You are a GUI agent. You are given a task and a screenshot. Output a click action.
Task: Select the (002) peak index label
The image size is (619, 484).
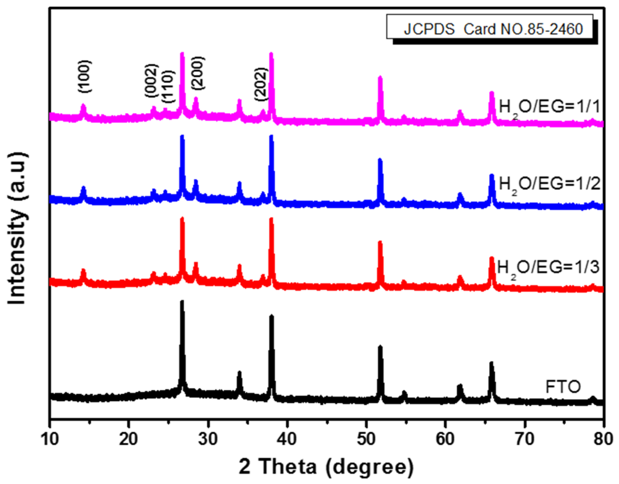tap(151, 80)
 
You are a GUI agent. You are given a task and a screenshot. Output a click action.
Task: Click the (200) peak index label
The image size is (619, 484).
tap(197, 73)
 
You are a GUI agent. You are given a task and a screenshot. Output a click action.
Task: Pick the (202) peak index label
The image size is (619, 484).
tap(261, 84)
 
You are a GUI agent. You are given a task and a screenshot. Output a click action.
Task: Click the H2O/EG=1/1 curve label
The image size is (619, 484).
tap(549, 107)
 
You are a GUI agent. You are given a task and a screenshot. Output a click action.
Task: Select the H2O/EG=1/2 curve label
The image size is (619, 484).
tap(549, 184)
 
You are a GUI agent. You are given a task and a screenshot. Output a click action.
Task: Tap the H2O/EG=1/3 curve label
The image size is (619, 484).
tap(548, 267)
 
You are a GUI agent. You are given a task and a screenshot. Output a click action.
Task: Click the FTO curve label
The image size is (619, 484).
tap(563, 387)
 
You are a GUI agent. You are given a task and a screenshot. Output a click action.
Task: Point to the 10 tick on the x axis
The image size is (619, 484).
tap(50, 439)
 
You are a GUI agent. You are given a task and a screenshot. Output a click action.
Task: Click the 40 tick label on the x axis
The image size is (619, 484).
tap(287, 439)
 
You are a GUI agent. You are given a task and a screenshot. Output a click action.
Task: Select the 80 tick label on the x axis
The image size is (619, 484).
tap(603, 439)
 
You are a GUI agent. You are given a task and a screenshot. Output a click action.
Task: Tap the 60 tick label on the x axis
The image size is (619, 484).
tap(445, 439)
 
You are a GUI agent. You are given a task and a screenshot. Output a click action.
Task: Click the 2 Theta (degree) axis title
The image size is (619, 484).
tap(326, 467)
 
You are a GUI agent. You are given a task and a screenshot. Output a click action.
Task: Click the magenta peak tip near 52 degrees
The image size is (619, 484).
tap(380, 78)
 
